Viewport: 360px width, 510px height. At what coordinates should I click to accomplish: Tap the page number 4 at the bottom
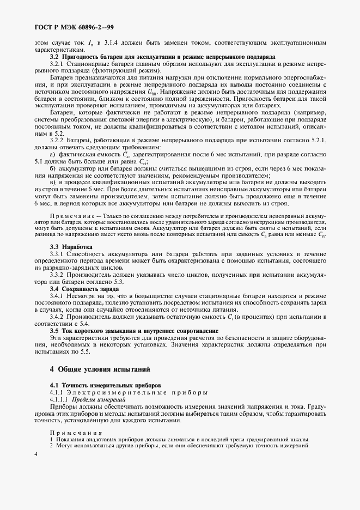[x=35, y=454]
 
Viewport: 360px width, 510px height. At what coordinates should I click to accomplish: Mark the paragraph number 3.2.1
[x=58, y=64]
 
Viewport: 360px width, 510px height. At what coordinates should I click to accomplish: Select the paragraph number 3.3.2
[x=58, y=275]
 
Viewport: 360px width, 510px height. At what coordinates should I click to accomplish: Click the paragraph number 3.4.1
[x=58, y=295]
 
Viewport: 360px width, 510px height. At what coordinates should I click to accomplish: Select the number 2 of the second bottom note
[x=52, y=446]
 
